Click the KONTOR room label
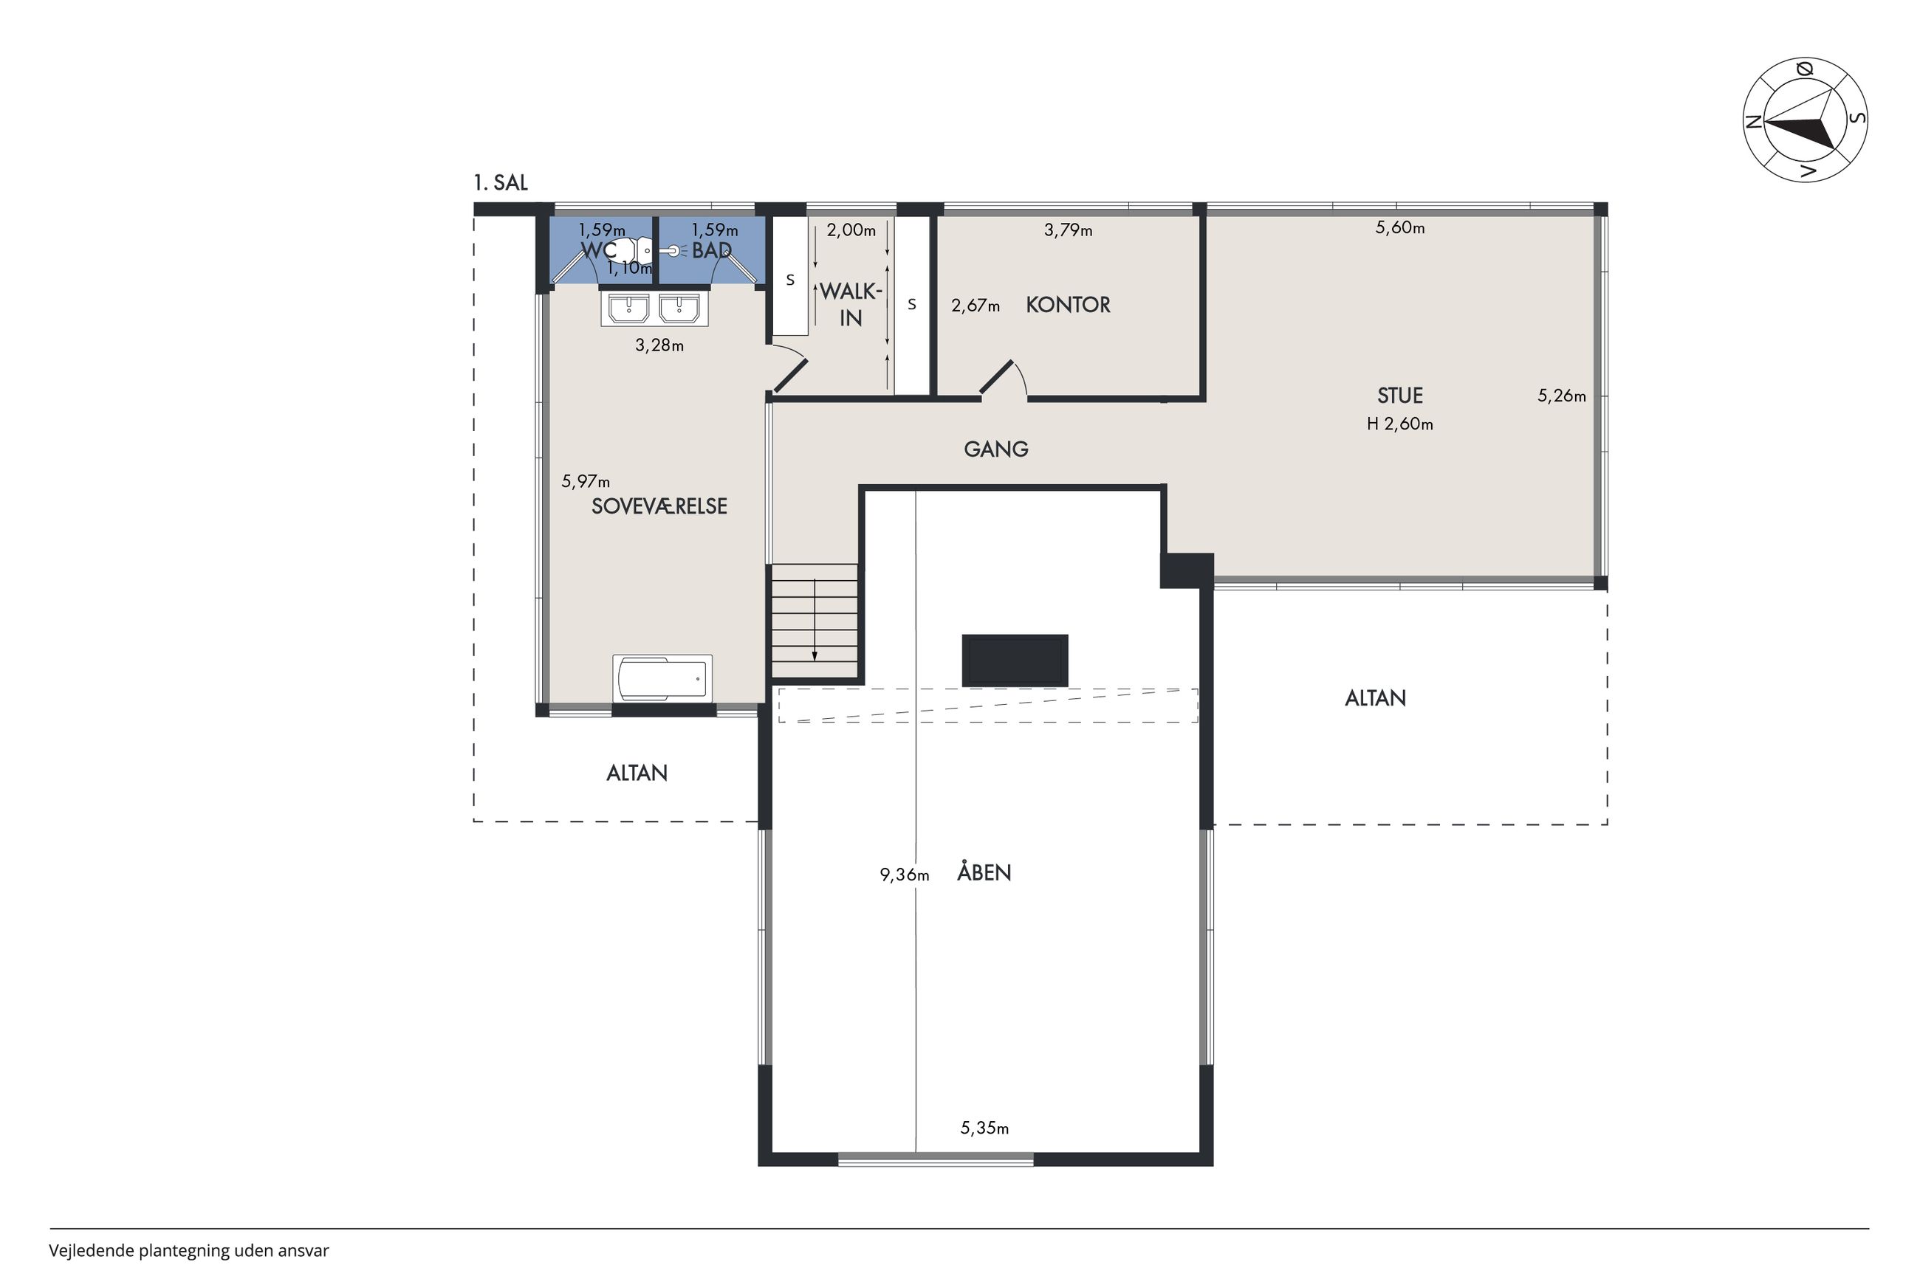(x=1067, y=305)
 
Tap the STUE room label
(x=1399, y=396)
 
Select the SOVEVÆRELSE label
(x=659, y=506)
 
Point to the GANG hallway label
(x=995, y=449)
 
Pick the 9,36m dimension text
(x=904, y=875)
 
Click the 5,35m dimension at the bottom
(x=984, y=1128)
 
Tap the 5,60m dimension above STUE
(x=1399, y=227)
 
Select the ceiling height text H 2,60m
(x=1399, y=424)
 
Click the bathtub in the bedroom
(x=662, y=678)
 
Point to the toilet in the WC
(x=631, y=250)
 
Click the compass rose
(x=1805, y=120)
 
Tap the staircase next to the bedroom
(x=815, y=621)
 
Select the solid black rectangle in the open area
(x=1014, y=661)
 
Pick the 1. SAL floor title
(x=500, y=183)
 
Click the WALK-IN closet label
(x=850, y=304)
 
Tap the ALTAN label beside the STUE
(x=1375, y=698)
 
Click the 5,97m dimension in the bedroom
(x=585, y=482)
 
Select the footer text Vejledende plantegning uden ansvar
(x=188, y=1250)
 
